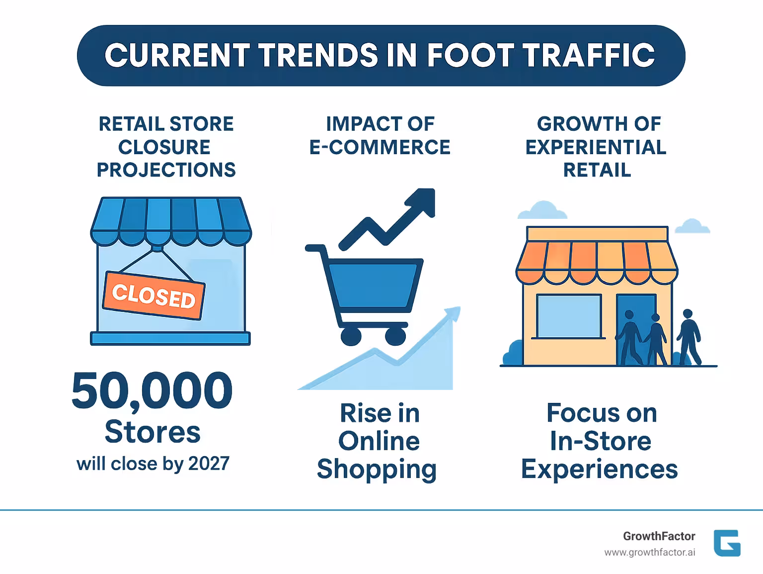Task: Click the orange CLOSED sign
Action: (153, 295)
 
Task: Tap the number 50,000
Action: (152, 391)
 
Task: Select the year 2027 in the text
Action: (209, 464)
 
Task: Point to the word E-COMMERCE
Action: (380, 147)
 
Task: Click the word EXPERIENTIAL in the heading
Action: (596, 147)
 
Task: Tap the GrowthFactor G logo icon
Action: (727, 543)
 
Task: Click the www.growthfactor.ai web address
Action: (649, 553)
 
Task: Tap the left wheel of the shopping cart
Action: (351, 336)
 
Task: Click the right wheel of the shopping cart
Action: (395, 336)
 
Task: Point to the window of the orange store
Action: (569, 316)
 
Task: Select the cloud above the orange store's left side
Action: (542, 211)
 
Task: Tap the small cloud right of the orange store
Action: (692, 226)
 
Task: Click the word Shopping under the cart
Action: (377, 470)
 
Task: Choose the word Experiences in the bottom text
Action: (599, 470)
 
